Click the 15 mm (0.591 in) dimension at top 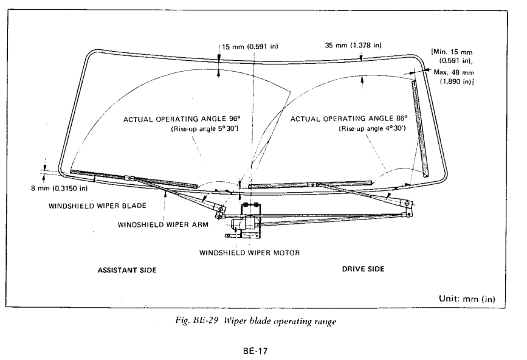tap(250, 46)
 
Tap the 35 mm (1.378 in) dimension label tap(353, 45)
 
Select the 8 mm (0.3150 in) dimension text tap(59, 189)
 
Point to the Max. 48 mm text tap(453, 72)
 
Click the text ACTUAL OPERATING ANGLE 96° tap(182, 119)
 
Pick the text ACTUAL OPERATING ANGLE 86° tap(348, 119)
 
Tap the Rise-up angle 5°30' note tap(205, 129)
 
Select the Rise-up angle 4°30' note tap(373, 128)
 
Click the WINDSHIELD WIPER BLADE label tap(97, 206)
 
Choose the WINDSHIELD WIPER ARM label tap(163, 224)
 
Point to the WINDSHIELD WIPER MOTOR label tap(249, 253)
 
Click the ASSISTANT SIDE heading tap(127, 270)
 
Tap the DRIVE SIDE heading tap(363, 269)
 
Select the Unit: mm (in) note tap(467, 299)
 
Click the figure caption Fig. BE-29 tap(256, 321)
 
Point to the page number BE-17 tap(255, 351)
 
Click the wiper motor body tap(250, 221)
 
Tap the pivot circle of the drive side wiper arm tap(407, 203)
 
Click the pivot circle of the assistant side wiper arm tap(221, 209)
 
